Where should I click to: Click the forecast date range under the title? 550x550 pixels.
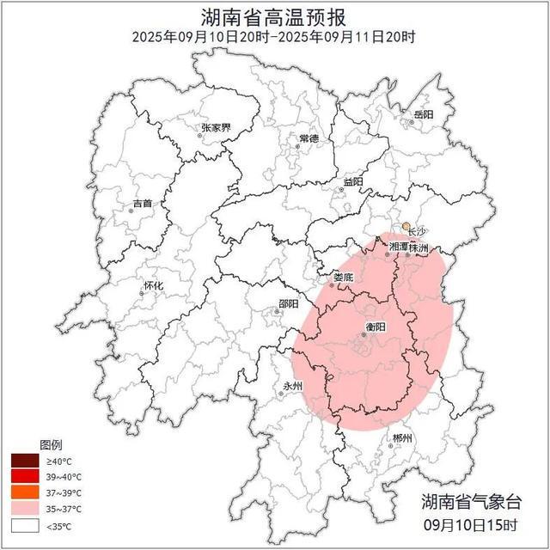coord(274,37)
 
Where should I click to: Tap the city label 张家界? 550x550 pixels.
coord(216,127)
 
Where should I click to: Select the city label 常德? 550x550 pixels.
coord(309,138)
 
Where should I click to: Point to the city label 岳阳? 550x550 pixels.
coord(423,114)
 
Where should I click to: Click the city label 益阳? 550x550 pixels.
coord(352,181)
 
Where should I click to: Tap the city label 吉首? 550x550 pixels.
coord(142,204)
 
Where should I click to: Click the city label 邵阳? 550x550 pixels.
coord(289,303)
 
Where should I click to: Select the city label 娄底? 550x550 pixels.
coord(343,278)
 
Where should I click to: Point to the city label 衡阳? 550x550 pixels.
coord(376,327)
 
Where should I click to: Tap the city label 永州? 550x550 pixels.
coord(293,386)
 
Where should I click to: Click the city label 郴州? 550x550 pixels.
coord(401,438)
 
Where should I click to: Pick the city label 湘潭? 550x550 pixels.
coord(399,247)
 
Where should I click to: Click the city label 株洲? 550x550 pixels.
coord(419,247)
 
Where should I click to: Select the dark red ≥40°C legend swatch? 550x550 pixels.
coord(25,461)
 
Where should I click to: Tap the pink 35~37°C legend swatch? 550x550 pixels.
coord(25,510)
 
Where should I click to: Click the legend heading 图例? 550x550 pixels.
coord(51,445)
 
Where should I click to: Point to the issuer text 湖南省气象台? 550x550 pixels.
coord(471,502)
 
